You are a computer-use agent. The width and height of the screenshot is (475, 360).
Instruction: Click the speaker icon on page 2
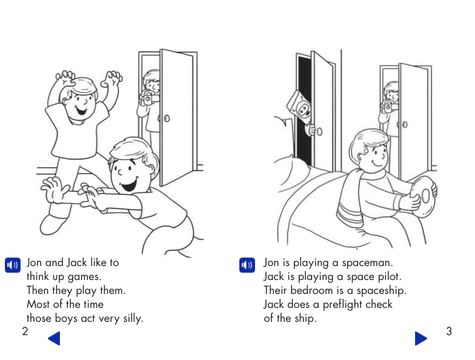pos(12,265)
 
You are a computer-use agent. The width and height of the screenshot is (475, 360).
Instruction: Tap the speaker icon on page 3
pos(247,265)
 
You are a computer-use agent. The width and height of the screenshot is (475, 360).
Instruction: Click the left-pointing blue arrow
pos(54,338)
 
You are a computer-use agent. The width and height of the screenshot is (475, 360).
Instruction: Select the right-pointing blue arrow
pos(420,338)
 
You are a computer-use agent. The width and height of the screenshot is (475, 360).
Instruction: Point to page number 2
pos(25,332)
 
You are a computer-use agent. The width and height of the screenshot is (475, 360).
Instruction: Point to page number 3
pos(448,332)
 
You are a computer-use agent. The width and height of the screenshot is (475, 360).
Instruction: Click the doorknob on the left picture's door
pos(167,118)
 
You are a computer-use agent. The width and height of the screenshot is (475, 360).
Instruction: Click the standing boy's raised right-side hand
pos(112,79)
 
